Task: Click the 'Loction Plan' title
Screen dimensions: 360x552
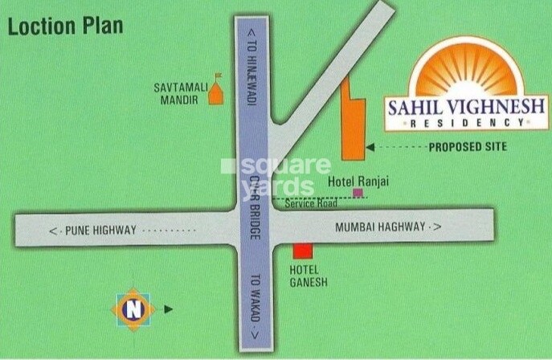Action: (x=65, y=27)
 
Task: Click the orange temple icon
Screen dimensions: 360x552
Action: (x=215, y=95)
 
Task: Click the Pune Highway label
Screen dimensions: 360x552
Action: (x=92, y=231)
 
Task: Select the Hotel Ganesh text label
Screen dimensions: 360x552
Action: (x=305, y=275)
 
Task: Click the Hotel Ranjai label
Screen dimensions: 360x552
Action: (x=358, y=182)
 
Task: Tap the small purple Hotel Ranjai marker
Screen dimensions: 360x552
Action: (x=357, y=194)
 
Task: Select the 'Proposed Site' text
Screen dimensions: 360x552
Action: (x=467, y=147)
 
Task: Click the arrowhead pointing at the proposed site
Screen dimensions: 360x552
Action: (x=370, y=147)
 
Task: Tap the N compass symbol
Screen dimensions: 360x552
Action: (x=134, y=309)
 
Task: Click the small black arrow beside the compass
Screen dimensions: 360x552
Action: (x=168, y=309)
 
